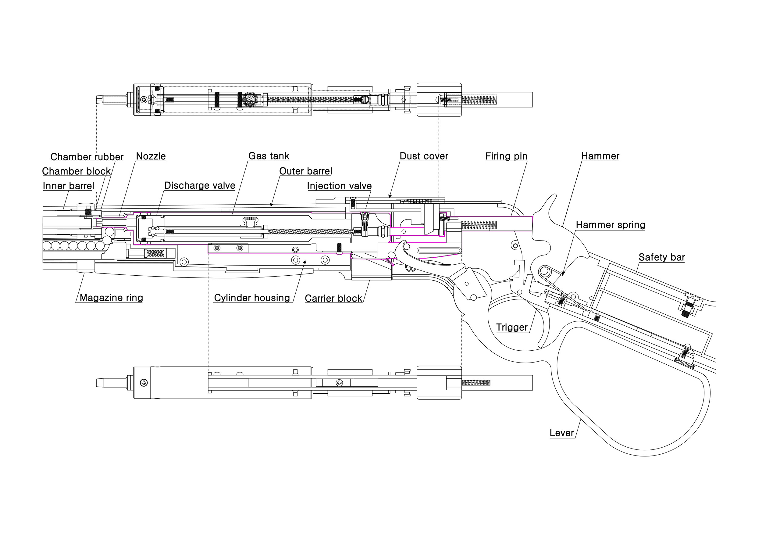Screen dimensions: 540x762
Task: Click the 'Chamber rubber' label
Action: [87, 157]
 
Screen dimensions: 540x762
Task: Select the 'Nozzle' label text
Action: [151, 156]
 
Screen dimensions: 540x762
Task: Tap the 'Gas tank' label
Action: [269, 156]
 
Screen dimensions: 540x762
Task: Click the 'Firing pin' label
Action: [506, 156]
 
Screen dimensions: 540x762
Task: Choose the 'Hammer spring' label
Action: [611, 225]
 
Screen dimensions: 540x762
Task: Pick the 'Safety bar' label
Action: [662, 257]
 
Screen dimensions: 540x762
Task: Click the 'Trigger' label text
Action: [512, 327]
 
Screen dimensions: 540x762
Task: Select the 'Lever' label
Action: [562, 433]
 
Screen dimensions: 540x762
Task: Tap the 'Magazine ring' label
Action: [111, 298]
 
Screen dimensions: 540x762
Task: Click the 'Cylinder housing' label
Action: [252, 298]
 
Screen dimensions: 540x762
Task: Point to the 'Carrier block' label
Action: [333, 298]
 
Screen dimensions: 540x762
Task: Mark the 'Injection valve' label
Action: [339, 186]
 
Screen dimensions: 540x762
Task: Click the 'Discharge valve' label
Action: [200, 186]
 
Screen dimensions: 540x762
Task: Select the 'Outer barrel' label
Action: [305, 171]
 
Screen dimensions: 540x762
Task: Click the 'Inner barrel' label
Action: [69, 186]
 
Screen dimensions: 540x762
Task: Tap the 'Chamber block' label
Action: [76, 171]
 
